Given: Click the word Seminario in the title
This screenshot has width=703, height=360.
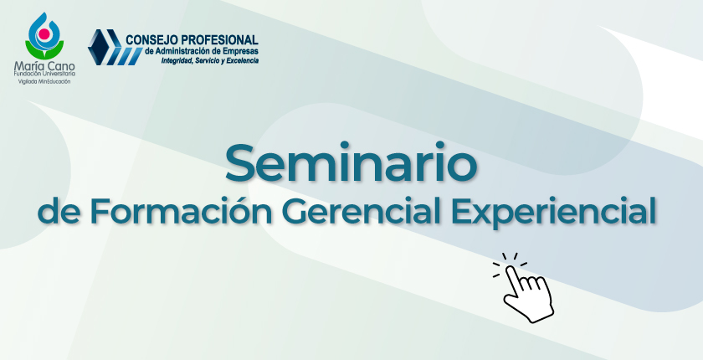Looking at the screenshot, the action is pyautogui.click(x=351, y=162).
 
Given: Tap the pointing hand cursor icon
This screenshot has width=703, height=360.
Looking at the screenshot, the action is pyautogui.click(x=523, y=288).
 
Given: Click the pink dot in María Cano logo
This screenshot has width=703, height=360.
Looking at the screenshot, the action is pyautogui.click(x=44, y=33).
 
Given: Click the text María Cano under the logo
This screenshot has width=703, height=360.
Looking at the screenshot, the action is pyautogui.click(x=44, y=66).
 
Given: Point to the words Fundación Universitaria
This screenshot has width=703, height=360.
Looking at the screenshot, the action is pyautogui.click(x=44, y=74).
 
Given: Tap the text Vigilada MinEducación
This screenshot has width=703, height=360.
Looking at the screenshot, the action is pyautogui.click(x=44, y=81).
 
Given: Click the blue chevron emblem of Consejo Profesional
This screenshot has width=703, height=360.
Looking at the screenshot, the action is pyautogui.click(x=115, y=48).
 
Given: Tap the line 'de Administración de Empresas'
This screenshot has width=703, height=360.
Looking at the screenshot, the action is pyautogui.click(x=202, y=51).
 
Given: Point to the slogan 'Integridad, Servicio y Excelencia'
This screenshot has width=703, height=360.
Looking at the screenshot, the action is pyautogui.click(x=210, y=60).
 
